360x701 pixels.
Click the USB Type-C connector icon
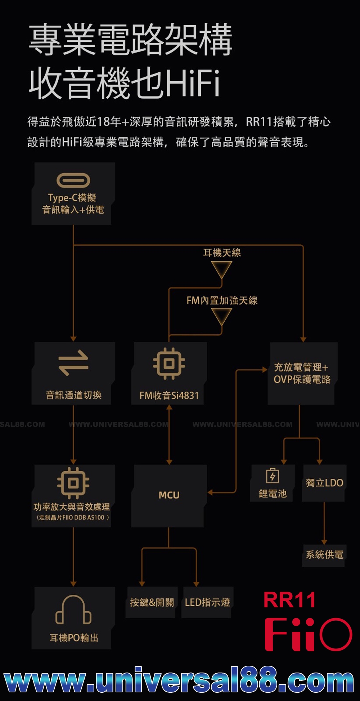click(73, 180)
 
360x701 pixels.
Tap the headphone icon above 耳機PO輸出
click(73, 610)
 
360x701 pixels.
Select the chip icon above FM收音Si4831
click(169, 363)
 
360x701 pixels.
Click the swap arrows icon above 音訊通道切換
click(73, 363)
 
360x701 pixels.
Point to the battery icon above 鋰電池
click(273, 475)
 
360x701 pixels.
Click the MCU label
click(169, 495)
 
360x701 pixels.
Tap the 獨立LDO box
click(324, 483)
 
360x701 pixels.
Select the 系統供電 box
click(324, 555)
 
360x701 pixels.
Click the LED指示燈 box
click(207, 602)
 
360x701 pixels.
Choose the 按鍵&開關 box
click(152, 602)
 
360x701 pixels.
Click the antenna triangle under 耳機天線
click(221, 269)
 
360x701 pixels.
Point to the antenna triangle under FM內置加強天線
click(221, 316)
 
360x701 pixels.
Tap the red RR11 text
click(289, 600)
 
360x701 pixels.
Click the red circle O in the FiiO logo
click(336, 634)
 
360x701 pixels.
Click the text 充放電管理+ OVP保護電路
click(302, 373)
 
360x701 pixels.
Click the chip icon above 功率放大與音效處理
click(73, 483)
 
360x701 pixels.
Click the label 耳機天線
click(222, 253)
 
